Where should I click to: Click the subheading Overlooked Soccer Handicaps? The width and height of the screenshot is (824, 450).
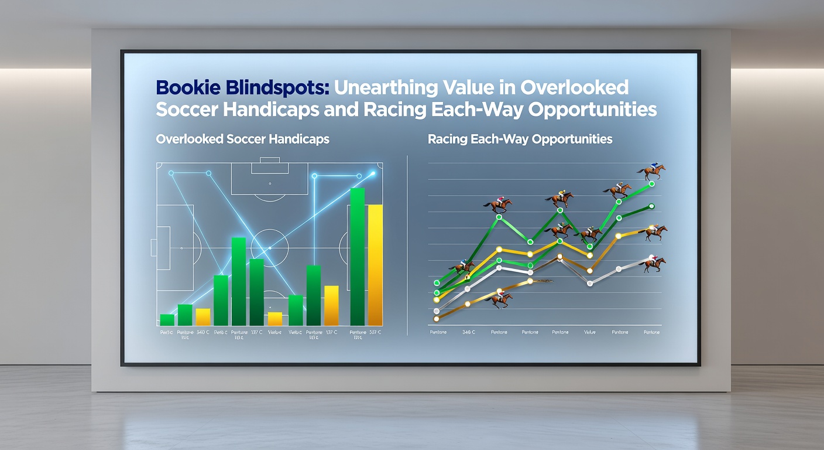(242, 139)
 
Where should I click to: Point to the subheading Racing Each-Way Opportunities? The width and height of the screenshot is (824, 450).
(520, 139)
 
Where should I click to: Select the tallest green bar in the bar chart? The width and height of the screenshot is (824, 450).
(357, 257)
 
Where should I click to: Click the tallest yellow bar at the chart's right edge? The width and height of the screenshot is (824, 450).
(375, 265)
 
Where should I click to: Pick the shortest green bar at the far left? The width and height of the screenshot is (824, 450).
(167, 320)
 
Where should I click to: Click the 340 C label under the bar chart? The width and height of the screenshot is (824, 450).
(203, 332)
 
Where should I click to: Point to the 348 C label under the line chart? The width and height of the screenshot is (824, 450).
(469, 332)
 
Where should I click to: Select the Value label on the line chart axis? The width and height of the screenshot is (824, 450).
(589, 332)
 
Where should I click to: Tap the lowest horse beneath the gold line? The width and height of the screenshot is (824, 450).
(500, 300)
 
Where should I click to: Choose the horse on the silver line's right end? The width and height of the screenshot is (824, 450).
(654, 264)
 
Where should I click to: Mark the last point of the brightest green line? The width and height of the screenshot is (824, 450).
(651, 184)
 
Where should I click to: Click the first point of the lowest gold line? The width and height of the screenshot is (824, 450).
(437, 319)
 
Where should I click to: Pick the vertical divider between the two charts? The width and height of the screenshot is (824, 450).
(407, 246)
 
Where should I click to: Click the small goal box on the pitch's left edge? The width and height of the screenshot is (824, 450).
(154, 247)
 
